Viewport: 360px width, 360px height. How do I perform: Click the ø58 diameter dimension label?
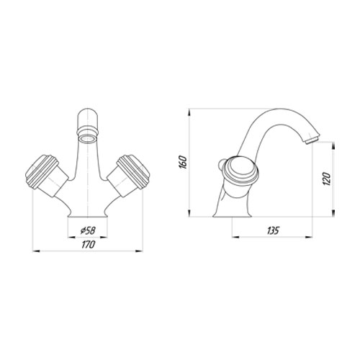88,231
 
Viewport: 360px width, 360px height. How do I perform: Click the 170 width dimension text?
89,245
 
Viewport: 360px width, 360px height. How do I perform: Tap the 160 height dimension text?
183,162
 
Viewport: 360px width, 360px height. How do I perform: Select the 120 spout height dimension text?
327,179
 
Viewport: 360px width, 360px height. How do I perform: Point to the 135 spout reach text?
273,230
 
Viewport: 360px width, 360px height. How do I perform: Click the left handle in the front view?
47,175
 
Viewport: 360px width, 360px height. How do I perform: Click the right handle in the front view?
129,175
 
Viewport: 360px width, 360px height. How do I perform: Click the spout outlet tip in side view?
312,141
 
